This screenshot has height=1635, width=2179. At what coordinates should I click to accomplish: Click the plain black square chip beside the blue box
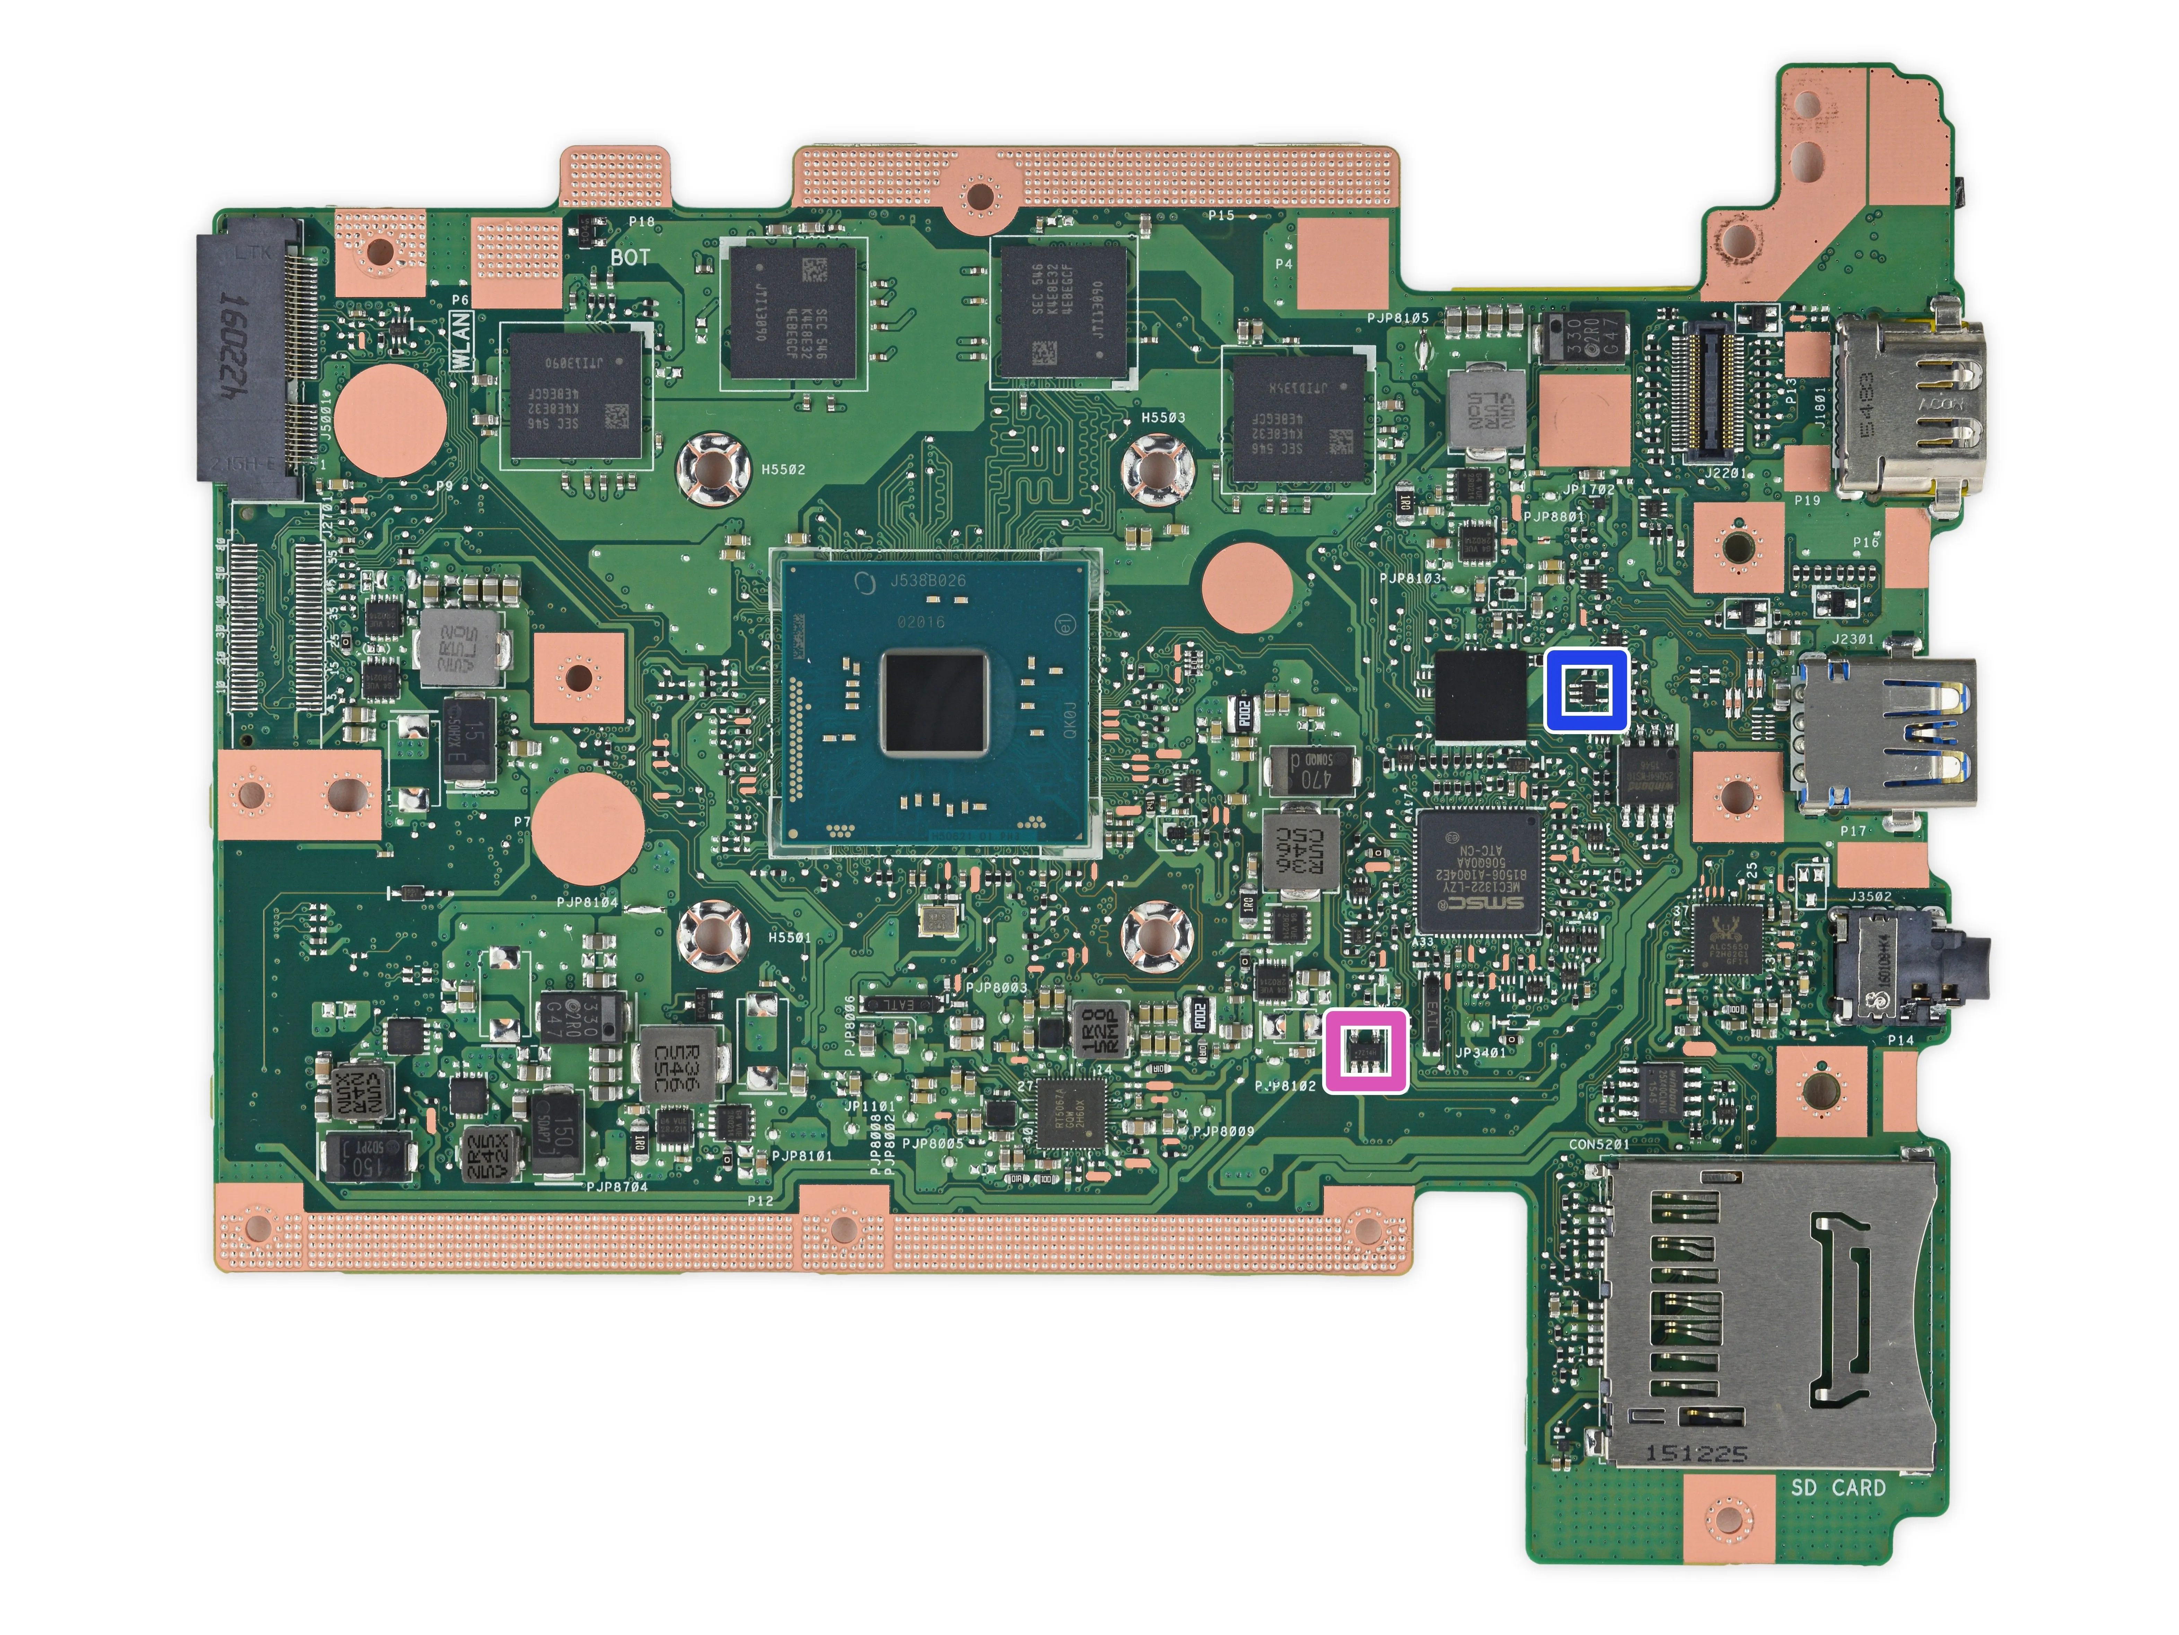pyautogui.click(x=1481, y=695)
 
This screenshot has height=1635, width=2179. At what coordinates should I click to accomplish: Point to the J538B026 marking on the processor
pyautogui.click(x=928, y=581)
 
